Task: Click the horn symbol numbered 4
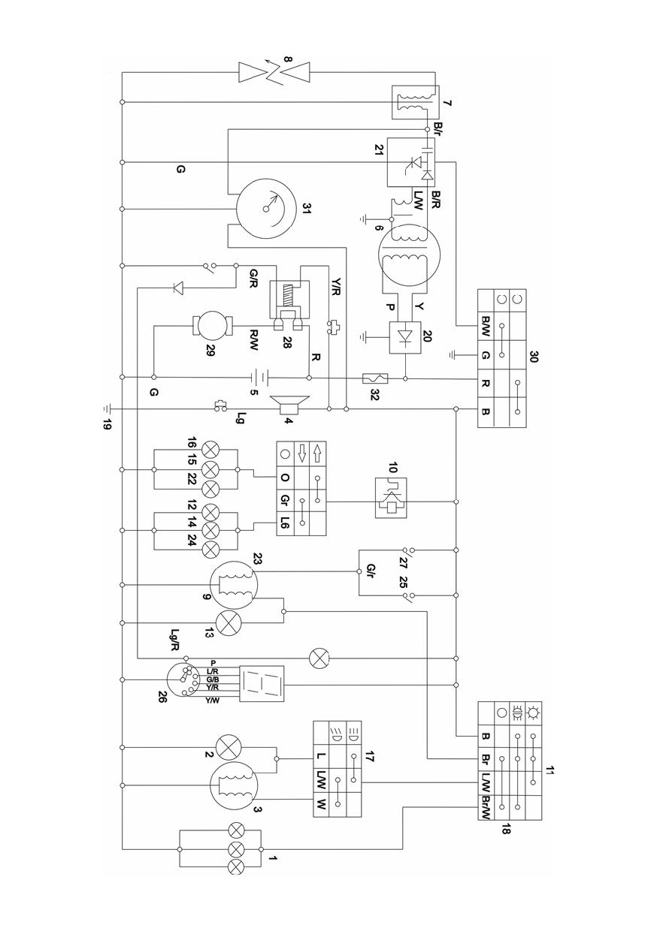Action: tap(289, 405)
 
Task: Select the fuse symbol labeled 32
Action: tap(375, 378)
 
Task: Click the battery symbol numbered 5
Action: tap(259, 378)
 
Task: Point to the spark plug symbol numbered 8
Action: tap(274, 72)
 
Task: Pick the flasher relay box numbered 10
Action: tap(391, 498)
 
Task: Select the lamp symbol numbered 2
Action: tap(228, 747)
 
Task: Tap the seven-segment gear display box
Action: tap(262, 684)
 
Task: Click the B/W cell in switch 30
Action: tap(486, 327)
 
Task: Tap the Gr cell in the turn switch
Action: tap(286, 499)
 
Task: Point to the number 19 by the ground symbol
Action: tap(107, 425)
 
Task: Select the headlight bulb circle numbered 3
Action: tap(234, 785)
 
